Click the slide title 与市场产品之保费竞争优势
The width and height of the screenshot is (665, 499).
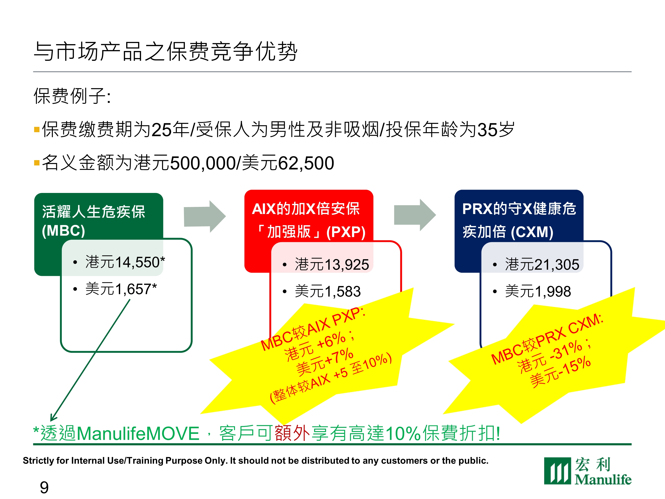pyautogui.click(x=166, y=51)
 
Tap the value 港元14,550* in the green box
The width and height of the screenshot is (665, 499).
pyautogui.click(x=125, y=262)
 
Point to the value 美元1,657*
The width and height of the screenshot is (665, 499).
pyautogui.click(x=121, y=289)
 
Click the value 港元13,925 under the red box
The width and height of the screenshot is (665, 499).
pyautogui.click(x=332, y=264)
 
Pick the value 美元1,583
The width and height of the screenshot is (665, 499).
pyautogui.click(x=328, y=291)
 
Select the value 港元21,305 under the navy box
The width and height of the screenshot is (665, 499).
pyautogui.click(x=542, y=264)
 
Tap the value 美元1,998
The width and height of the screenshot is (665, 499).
pyautogui.click(x=538, y=291)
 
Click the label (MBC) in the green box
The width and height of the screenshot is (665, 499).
pyautogui.click(x=63, y=231)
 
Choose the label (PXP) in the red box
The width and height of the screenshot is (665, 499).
pyautogui.click(x=346, y=232)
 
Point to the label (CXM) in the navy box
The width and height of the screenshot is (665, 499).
pyautogui.click(x=532, y=232)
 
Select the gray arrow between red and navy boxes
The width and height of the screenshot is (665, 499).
pyautogui.click(x=415, y=215)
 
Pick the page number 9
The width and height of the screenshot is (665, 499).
pyautogui.click(x=44, y=487)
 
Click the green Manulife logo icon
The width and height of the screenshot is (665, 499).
pyautogui.click(x=557, y=471)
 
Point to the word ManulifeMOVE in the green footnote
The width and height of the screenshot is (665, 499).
pyautogui.click(x=138, y=433)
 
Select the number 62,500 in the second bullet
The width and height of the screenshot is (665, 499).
pyautogui.click(x=306, y=163)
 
